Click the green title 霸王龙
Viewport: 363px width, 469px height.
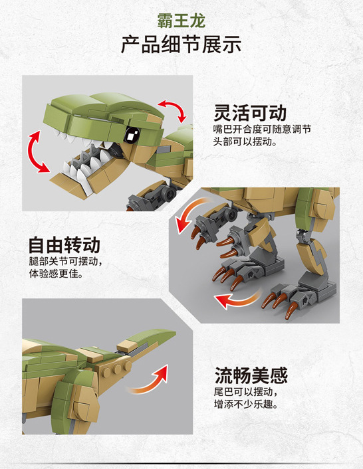181,19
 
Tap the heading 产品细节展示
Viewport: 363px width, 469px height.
181,45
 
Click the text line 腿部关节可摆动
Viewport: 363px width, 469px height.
64,262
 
